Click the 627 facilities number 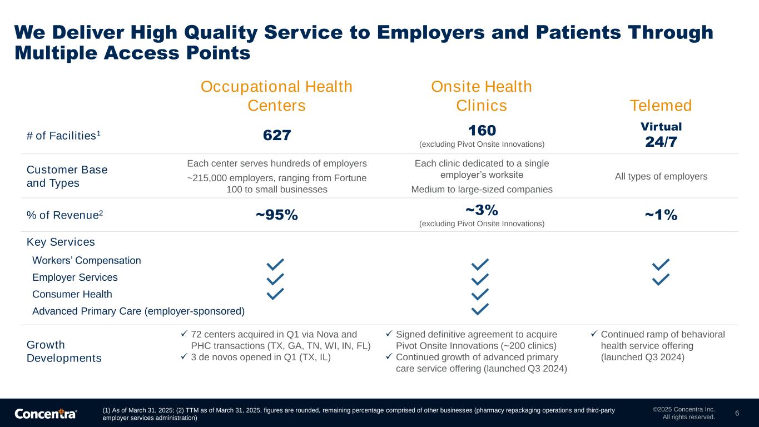pyautogui.click(x=277, y=135)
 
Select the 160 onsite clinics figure pyautogui.click(x=482, y=131)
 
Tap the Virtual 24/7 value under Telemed pyautogui.click(x=661, y=135)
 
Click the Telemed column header pyautogui.click(x=661, y=106)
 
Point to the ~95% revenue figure pyautogui.click(x=277, y=215)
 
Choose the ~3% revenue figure pyautogui.click(x=482, y=210)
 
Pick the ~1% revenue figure pyautogui.click(x=661, y=215)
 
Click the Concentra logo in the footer pyautogui.click(x=46, y=414)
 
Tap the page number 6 pyautogui.click(x=737, y=413)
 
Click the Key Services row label pyautogui.click(x=61, y=242)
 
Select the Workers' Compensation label pyautogui.click(x=86, y=260)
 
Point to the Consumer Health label pyautogui.click(x=72, y=294)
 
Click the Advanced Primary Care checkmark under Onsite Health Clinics pyautogui.click(x=480, y=309)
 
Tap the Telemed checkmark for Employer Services pyautogui.click(x=661, y=280)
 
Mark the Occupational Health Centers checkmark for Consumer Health pyautogui.click(x=275, y=294)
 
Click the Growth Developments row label pyautogui.click(x=64, y=351)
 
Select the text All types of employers pyautogui.click(x=661, y=177)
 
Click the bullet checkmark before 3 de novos pyautogui.click(x=184, y=356)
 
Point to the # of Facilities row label pyautogui.click(x=63, y=136)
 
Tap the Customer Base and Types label pyautogui.click(x=67, y=176)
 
